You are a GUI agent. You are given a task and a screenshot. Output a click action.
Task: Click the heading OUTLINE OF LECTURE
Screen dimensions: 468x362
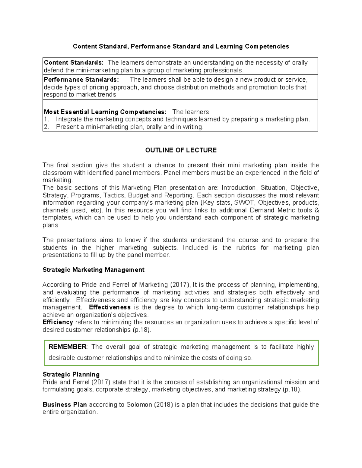click(181, 150)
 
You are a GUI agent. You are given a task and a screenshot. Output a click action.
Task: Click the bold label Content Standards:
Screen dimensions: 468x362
click(74, 63)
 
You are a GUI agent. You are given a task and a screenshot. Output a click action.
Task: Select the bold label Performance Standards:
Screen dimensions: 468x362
click(81, 80)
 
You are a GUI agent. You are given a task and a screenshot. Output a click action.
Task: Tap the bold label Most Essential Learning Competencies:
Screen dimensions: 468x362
click(105, 112)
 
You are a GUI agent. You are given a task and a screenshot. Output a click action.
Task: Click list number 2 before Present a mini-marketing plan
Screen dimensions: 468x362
click(46, 127)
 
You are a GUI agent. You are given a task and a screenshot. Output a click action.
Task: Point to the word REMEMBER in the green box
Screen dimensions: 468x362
click(67, 347)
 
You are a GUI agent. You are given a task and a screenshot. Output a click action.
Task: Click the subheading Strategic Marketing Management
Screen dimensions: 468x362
click(93, 270)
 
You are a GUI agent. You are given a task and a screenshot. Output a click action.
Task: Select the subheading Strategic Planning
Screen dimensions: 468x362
click(71, 374)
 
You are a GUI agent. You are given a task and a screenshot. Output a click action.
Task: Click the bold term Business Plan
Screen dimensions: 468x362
click(65, 404)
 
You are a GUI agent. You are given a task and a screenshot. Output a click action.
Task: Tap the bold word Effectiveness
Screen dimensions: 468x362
click(110, 307)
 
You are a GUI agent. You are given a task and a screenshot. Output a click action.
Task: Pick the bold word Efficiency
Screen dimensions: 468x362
click(58, 322)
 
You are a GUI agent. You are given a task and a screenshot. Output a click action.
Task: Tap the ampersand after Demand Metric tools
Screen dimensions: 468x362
click(316, 210)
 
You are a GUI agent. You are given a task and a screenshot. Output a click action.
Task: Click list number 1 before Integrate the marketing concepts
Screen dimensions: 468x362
click(46, 119)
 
